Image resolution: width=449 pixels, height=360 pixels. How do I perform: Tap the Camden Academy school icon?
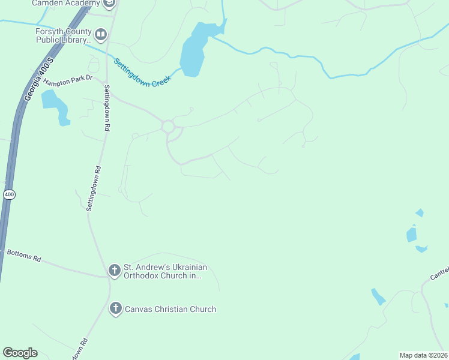pos(109,4)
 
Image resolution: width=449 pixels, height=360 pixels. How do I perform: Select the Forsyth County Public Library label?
pos(63,37)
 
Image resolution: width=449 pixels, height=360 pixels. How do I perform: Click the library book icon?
pos(100,35)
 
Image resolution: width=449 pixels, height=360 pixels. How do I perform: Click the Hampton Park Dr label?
pos(67,78)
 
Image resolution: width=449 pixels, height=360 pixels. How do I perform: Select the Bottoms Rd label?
pos(23,256)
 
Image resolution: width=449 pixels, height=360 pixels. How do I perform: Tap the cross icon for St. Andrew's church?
pos(115,271)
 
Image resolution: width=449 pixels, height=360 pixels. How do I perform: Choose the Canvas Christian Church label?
pos(170,310)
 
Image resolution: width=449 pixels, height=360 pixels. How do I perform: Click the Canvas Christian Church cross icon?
pos(115,309)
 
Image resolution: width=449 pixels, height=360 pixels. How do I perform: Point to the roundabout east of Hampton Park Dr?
pos(168,127)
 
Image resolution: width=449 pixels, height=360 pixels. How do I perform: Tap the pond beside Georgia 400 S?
pos(54,104)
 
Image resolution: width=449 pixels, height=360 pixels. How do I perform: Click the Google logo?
pos(20,353)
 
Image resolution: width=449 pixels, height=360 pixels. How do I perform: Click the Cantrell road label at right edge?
pos(440,274)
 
